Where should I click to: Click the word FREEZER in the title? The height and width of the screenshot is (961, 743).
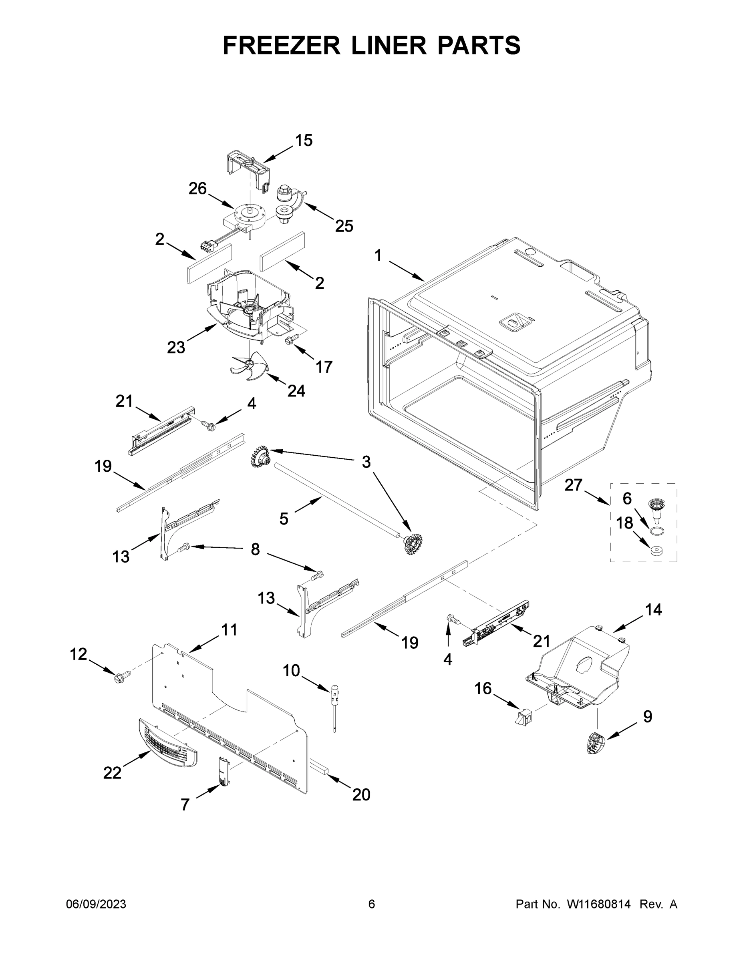point(281,45)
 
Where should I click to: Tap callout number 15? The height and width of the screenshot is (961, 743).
point(304,141)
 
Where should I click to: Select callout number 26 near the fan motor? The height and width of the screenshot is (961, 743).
point(197,188)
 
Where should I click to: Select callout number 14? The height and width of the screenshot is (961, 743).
point(653,610)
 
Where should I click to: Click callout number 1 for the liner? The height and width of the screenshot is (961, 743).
point(378,255)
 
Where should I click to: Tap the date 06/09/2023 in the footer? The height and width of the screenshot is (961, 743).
point(96,904)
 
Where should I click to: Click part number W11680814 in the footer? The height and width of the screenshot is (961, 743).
point(598,904)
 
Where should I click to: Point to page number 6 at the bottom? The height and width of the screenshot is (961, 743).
point(372,904)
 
